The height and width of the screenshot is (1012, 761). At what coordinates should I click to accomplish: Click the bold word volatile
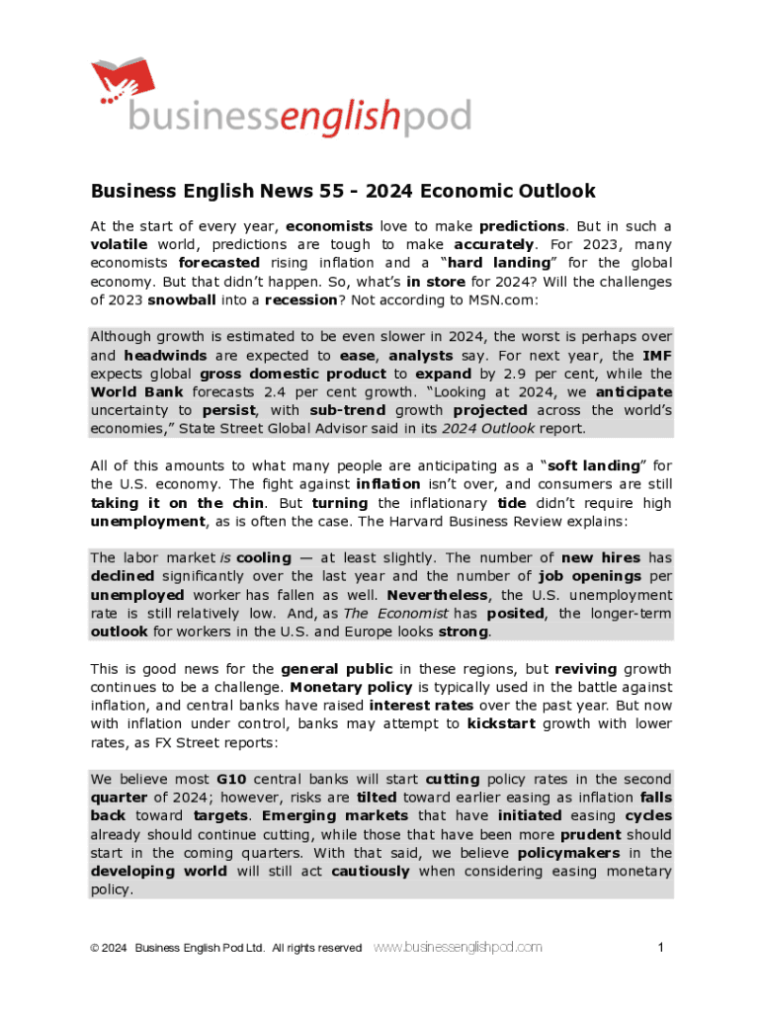click(x=119, y=244)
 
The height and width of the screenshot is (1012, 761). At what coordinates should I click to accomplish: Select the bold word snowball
click(x=181, y=299)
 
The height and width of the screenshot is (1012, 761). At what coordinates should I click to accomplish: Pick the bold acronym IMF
click(x=657, y=356)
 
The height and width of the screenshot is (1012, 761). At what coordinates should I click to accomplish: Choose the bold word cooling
click(x=263, y=558)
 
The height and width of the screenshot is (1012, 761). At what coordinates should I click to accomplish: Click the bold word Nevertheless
click(x=437, y=596)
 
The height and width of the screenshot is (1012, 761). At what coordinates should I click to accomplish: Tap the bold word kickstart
click(x=501, y=724)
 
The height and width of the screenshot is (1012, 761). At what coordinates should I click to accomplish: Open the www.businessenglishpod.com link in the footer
click(x=458, y=948)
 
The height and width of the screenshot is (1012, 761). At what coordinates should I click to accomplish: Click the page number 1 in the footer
click(x=660, y=948)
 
